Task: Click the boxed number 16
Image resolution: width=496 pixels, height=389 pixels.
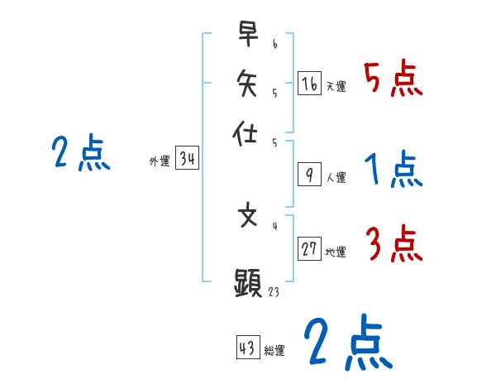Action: click(x=308, y=83)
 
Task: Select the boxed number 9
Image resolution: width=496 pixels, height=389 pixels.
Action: click(x=308, y=175)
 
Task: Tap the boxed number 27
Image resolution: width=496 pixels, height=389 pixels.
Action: click(x=309, y=249)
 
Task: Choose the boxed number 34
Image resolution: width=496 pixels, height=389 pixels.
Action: click(x=187, y=160)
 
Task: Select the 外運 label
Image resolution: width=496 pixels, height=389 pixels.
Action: click(x=160, y=162)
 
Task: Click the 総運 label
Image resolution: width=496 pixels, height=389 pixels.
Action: click(x=274, y=351)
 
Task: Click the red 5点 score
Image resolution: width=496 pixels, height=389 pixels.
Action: click(x=393, y=79)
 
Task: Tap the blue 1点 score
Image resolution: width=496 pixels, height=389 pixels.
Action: click(x=393, y=170)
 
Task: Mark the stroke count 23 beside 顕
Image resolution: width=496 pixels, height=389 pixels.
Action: click(x=274, y=291)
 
